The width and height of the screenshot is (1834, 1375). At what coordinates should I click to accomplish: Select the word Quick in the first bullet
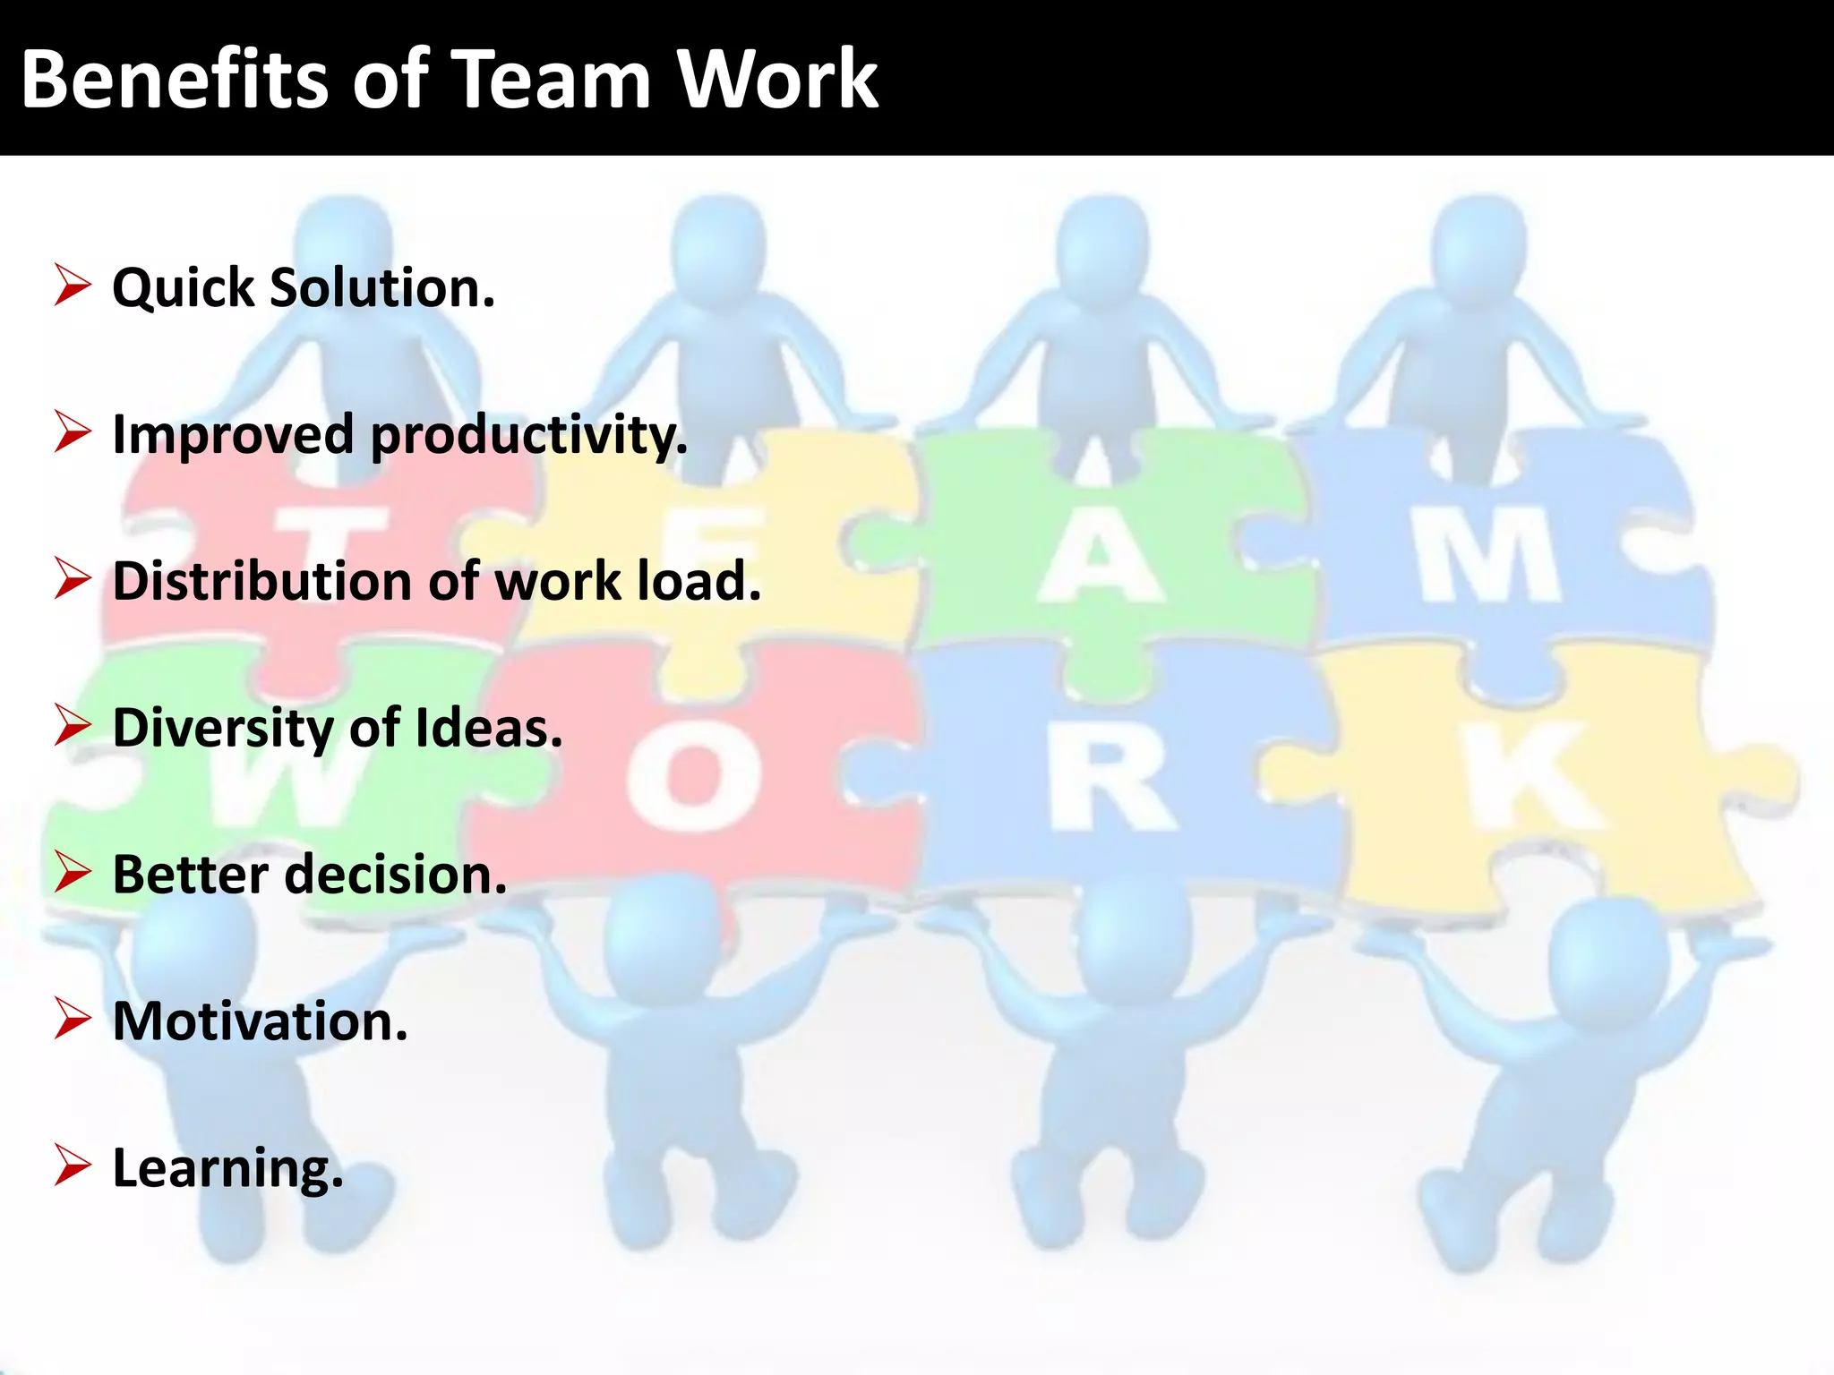point(184,288)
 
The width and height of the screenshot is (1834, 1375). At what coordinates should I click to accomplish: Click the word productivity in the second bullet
point(529,436)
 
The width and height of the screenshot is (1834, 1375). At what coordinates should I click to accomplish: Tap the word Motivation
point(260,1021)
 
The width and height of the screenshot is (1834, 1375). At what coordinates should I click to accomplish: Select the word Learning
point(227,1168)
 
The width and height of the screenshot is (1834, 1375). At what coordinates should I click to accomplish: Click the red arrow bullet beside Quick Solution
point(72,286)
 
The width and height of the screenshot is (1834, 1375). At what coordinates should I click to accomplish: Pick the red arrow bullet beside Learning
point(72,1166)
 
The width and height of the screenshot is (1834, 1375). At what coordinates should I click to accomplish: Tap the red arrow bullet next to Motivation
point(72,1019)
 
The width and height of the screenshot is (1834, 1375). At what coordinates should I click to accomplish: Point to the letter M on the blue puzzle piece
point(1488,555)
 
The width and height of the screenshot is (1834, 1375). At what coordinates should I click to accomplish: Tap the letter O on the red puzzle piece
point(694,775)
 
